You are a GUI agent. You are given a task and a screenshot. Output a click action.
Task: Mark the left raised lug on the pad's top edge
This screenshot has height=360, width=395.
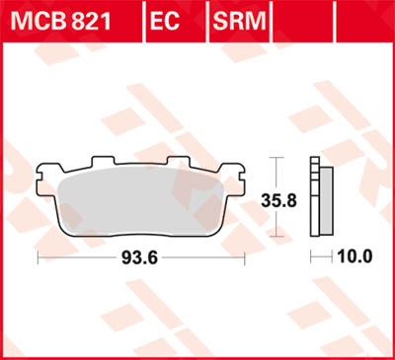pos(102,162)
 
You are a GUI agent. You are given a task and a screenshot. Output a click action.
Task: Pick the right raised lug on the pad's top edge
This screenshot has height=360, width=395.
pos(179,162)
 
